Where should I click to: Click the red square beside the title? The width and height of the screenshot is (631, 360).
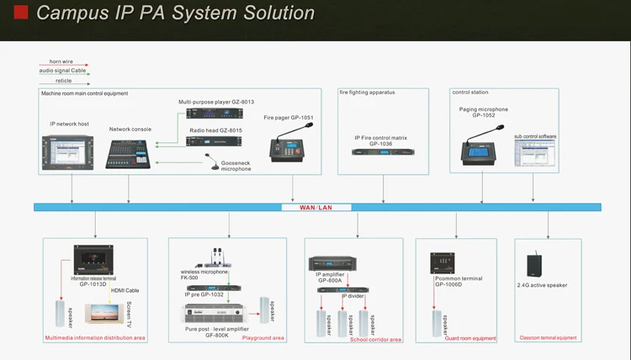pos(22,12)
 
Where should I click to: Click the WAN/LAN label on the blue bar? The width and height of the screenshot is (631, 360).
pos(316,207)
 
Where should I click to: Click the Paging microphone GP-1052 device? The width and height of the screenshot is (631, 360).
pos(483,146)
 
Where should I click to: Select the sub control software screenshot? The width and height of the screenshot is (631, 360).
pos(536,154)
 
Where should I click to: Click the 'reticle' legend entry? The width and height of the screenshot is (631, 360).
pos(52,81)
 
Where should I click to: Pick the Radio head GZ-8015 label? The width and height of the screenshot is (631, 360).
pos(215,130)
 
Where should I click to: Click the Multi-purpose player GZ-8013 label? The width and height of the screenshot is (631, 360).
pos(215,102)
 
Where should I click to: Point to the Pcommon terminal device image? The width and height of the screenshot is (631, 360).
pos(443,262)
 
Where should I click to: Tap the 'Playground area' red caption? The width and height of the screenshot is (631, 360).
pos(263,337)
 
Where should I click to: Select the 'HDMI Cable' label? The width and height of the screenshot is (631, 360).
pos(123,291)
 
